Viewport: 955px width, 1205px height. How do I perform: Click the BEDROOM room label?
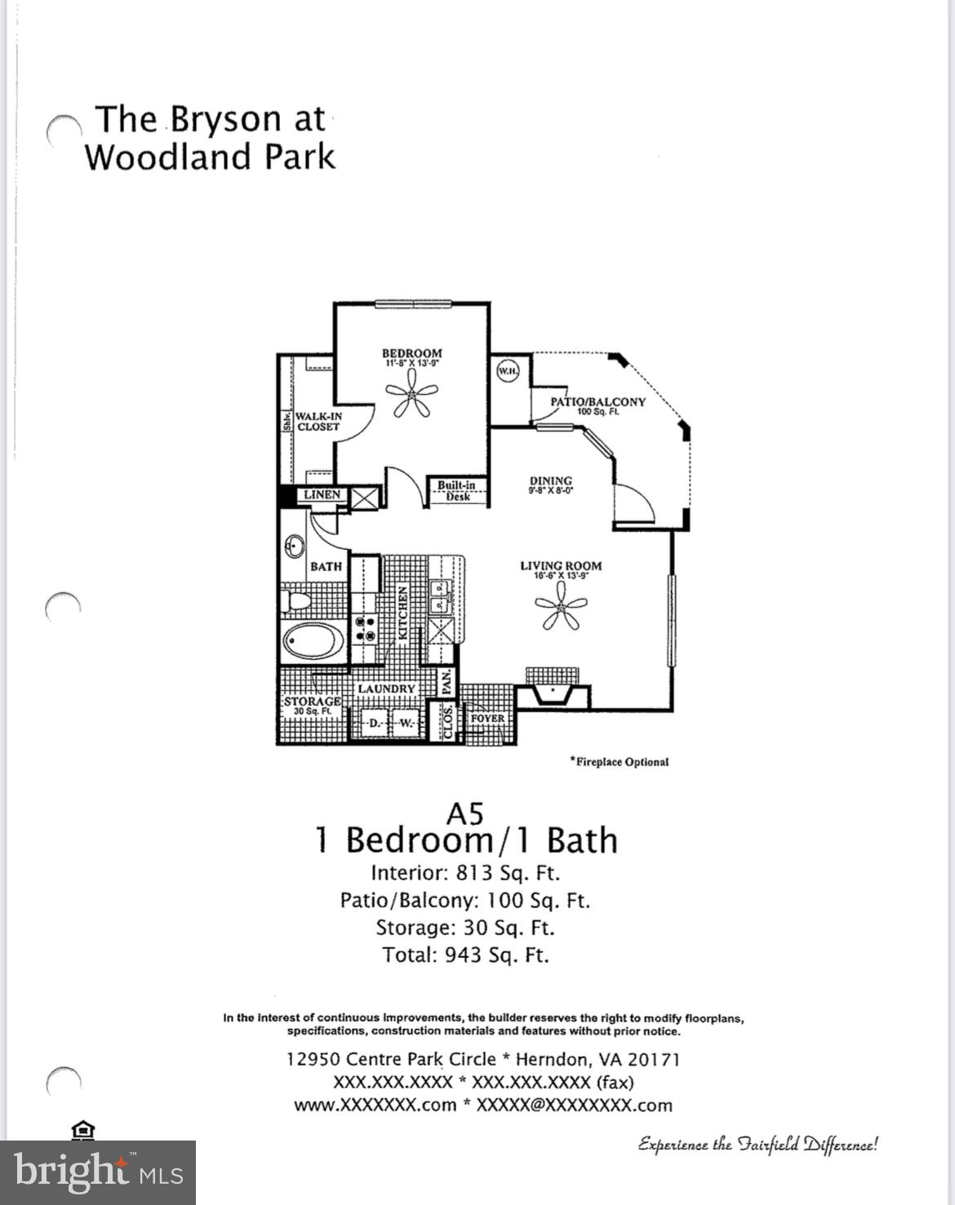(411, 354)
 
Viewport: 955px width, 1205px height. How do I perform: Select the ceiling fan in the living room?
(561, 609)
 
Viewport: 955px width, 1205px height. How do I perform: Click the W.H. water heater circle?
(508, 372)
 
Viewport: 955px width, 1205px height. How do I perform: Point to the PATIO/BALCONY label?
(597, 402)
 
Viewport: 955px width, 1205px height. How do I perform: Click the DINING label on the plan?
(550, 481)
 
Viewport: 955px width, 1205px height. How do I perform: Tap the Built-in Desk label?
(456, 490)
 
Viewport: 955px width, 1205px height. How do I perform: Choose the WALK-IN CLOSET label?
(318, 421)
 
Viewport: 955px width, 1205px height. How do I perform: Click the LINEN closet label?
(322, 495)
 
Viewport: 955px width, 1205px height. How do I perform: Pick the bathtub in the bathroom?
(314, 641)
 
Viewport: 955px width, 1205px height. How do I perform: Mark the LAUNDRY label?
(386, 689)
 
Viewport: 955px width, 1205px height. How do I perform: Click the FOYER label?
(487, 719)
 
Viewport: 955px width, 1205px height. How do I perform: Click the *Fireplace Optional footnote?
(620, 762)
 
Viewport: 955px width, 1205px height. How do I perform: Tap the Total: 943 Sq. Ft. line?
(465, 955)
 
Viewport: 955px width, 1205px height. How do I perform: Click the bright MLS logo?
(98, 1172)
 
